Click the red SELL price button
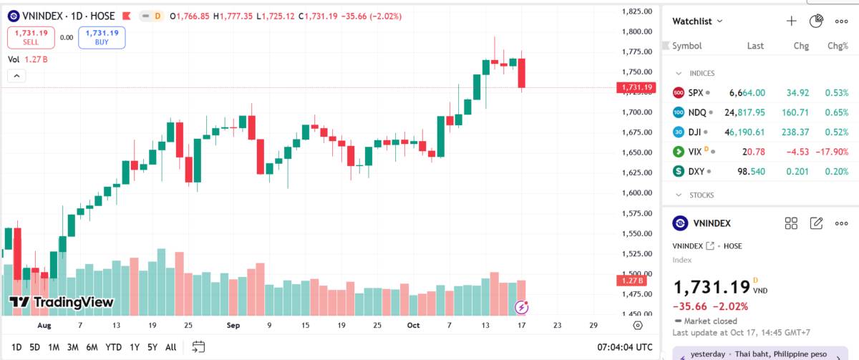(30, 37)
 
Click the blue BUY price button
(102, 37)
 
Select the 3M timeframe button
(72, 347)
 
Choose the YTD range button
(113, 347)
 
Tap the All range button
(170, 347)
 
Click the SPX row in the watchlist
(759, 93)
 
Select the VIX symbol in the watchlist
(694, 152)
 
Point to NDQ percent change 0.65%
(836, 112)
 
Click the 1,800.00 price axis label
(636, 31)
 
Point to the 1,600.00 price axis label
(636, 193)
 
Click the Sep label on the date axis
(233, 325)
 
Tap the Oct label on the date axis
(413, 325)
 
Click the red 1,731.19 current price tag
(636, 87)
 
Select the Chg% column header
(838, 46)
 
